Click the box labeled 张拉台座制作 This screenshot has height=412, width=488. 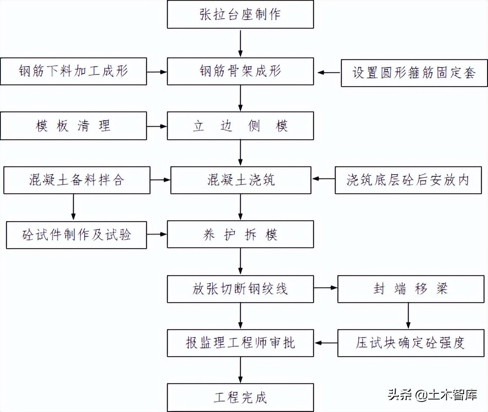point(240,14)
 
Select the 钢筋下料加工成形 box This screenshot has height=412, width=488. point(73,71)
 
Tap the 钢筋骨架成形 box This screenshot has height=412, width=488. point(240,71)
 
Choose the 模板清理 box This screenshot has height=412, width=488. point(73,126)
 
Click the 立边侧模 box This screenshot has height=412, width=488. point(240,126)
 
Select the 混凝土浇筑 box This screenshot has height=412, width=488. point(241,180)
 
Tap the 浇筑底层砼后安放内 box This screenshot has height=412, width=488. point(408,180)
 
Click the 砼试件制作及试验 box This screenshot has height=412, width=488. point(77,235)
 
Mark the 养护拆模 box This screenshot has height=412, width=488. point(240,235)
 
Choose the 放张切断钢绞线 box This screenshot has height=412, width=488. point(240,289)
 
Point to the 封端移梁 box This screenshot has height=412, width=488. point(411,289)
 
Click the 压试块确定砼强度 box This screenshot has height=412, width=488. point(411,343)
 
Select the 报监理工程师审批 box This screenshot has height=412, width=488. point(240,343)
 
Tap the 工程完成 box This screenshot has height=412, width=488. point(240,397)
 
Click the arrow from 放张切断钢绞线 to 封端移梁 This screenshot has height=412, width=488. point(325,288)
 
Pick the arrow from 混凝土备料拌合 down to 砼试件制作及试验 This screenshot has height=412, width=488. point(73,207)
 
